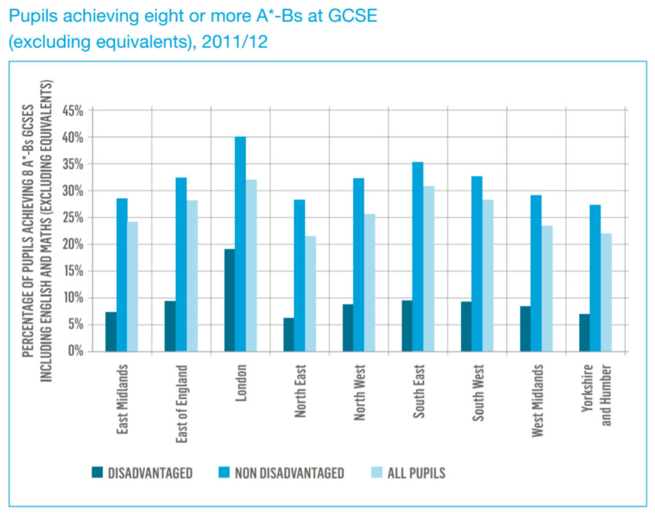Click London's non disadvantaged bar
click(240, 244)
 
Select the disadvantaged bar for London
click(229, 300)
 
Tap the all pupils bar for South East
click(429, 269)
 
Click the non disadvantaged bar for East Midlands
click(122, 274)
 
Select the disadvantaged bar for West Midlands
click(525, 329)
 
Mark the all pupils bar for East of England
click(192, 276)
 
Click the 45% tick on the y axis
click(72, 111)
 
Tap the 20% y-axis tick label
click(72, 244)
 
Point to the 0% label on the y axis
click(75, 351)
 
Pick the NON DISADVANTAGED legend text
click(289, 473)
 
